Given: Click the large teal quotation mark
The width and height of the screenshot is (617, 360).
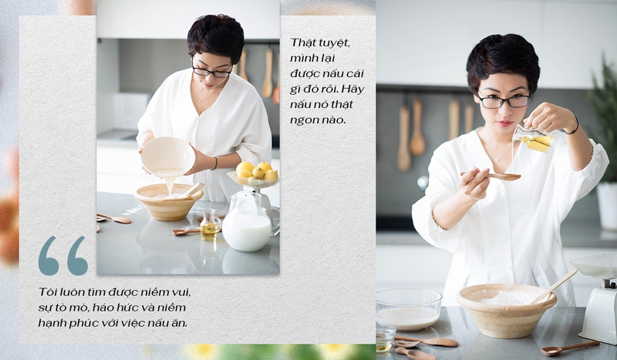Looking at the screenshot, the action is coord(63,255).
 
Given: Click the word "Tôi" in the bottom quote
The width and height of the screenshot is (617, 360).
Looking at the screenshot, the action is coord(46,292).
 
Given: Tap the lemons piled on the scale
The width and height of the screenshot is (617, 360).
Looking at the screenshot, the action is coord(256,170).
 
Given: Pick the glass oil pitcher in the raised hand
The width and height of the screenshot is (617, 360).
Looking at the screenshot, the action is coord(532,139).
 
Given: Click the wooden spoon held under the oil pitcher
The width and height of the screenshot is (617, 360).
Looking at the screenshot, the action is coord(491,176).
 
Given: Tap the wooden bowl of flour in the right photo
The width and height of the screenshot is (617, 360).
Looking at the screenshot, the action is coord(506,311).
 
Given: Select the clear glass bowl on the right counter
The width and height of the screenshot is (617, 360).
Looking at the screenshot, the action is coord(409,309).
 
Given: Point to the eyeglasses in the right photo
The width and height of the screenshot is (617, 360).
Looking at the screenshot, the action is coord(504,101).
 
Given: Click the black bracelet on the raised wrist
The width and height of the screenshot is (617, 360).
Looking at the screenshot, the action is coord(573,126).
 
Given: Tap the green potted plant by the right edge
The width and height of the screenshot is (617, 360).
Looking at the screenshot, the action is coord(603,118).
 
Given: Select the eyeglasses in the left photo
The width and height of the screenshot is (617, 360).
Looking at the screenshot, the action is coord(211,71).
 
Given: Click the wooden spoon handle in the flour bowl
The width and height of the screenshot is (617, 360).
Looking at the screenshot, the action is coord(555,286).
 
